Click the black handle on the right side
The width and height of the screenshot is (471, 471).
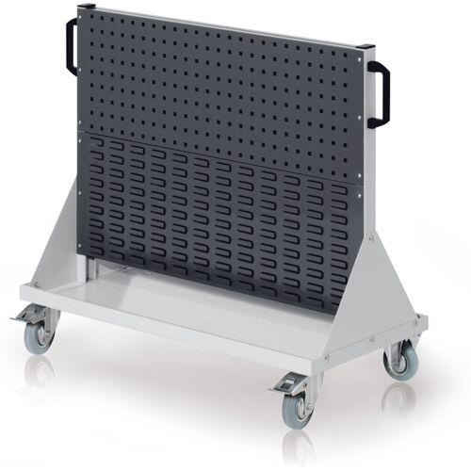click(x=379, y=93)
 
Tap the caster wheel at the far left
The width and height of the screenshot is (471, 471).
click(x=41, y=337)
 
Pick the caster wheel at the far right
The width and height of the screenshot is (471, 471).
click(x=402, y=361)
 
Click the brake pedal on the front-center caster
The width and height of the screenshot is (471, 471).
click(x=285, y=385)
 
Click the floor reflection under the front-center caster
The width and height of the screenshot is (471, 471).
click(x=300, y=443)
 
